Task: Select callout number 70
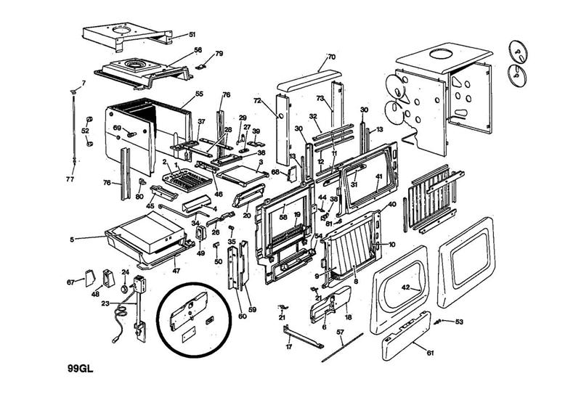(331, 57)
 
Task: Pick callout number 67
(71, 282)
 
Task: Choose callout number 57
(339, 332)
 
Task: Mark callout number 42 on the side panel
(407, 288)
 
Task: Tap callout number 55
(199, 95)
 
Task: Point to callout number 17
(288, 347)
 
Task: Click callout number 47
(175, 270)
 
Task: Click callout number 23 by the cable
(105, 303)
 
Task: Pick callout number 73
(320, 97)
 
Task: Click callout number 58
(283, 217)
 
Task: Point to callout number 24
(124, 273)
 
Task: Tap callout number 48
(95, 294)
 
